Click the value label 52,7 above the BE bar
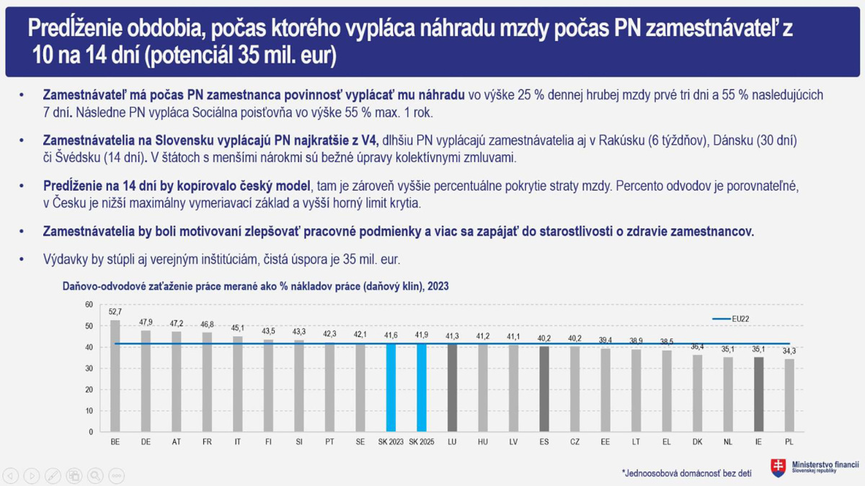115,312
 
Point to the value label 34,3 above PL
789,351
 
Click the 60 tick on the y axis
89,305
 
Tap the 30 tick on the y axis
89,369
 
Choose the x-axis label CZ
575,441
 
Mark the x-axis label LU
452,441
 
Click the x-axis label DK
697,441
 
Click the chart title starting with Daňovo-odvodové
256,286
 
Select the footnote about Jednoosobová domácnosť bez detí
686,472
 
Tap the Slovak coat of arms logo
778,468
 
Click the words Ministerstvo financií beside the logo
825,465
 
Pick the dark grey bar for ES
544,389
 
